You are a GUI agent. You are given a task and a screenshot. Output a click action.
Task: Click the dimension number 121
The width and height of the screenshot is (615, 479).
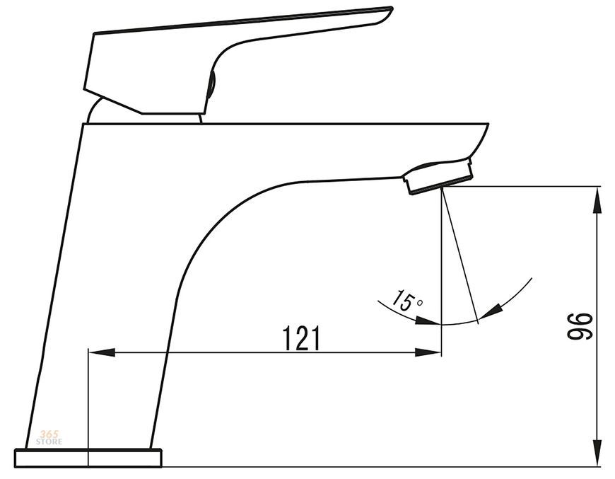pyautogui.click(x=301, y=337)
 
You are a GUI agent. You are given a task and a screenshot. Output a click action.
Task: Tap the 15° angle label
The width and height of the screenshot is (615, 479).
pyautogui.click(x=408, y=301)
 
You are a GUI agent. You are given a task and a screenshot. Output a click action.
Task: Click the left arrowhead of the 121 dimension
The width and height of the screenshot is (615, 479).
pyautogui.click(x=102, y=352)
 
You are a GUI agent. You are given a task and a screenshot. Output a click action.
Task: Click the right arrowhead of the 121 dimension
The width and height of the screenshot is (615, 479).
pyautogui.click(x=428, y=352)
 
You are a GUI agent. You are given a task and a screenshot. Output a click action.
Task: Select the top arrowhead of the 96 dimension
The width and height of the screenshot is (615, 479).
pyautogui.click(x=597, y=200)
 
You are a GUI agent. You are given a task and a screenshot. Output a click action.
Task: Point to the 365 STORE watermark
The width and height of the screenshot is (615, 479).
pyautogui.click(x=49, y=438)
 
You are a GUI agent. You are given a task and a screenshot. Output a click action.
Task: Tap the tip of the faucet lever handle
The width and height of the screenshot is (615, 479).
pyautogui.click(x=391, y=8)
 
